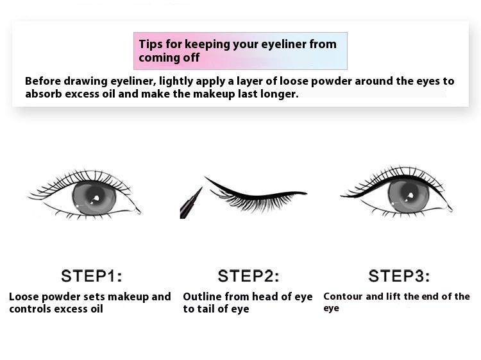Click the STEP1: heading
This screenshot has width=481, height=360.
[x=92, y=275]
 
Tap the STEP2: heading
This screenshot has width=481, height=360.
[x=248, y=275]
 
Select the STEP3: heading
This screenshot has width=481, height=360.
[x=399, y=275]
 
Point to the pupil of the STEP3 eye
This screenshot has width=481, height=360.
[x=408, y=195]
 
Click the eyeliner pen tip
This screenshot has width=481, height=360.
[x=201, y=189]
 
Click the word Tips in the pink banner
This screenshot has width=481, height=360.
[x=151, y=44]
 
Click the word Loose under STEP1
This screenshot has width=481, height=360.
[x=24, y=296]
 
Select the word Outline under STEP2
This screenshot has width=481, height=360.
[x=202, y=296]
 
